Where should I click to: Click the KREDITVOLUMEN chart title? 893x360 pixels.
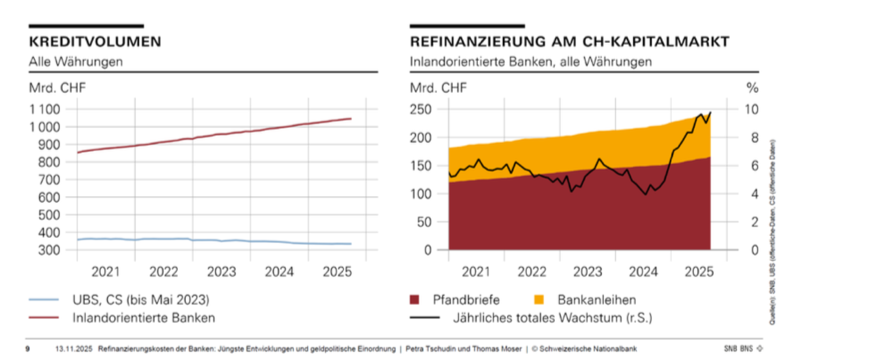point(95,42)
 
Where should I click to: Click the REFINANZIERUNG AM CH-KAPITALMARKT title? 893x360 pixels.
point(569,42)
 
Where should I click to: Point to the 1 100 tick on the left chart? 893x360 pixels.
point(45,109)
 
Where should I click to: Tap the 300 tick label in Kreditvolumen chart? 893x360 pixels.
point(49,250)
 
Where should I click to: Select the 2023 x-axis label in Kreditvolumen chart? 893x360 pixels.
point(222,272)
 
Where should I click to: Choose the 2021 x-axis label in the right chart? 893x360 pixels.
point(476,272)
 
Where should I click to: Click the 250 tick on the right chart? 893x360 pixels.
point(421,109)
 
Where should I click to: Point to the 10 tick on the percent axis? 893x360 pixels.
point(752,109)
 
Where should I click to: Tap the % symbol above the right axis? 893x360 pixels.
point(752,88)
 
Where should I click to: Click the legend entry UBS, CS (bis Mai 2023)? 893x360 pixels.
point(141,300)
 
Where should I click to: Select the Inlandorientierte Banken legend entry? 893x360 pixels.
point(143,318)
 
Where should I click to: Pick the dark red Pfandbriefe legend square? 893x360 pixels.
point(415,300)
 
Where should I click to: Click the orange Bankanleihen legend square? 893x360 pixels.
point(539,300)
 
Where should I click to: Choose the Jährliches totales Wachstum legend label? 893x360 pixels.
point(552,318)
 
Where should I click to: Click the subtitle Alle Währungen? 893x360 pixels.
point(76,62)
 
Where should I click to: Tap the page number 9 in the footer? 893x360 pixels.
point(28,349)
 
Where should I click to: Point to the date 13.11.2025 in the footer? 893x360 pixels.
point(74,349)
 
